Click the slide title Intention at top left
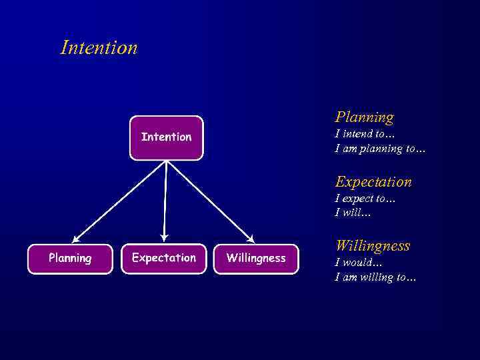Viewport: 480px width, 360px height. (x=99, y=48)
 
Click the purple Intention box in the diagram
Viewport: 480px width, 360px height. (x=166, y=137)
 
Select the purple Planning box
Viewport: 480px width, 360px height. (x=70, y=259)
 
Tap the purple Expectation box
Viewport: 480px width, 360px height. (x=163, y=259)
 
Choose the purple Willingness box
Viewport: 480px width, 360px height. (x=255, y=259)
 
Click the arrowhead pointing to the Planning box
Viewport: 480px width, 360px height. (x=76, y=239)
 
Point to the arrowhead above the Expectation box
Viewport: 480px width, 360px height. (x=164, y=238)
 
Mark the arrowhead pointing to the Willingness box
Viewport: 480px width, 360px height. (x=251, y=239)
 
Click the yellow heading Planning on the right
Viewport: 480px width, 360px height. (x=364, y=117)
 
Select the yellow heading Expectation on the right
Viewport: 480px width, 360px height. (x=373, y=181)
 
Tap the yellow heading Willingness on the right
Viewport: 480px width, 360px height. (x=372, y=246)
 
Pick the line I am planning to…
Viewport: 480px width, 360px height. (x=379, y=149)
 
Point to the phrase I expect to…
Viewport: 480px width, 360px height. (x=365, y=198)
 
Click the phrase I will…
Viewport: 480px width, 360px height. (x=353, y=213)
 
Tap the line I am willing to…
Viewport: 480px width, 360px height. (x=375, y=277)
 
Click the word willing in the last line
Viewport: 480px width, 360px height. (x=376, y=277)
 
